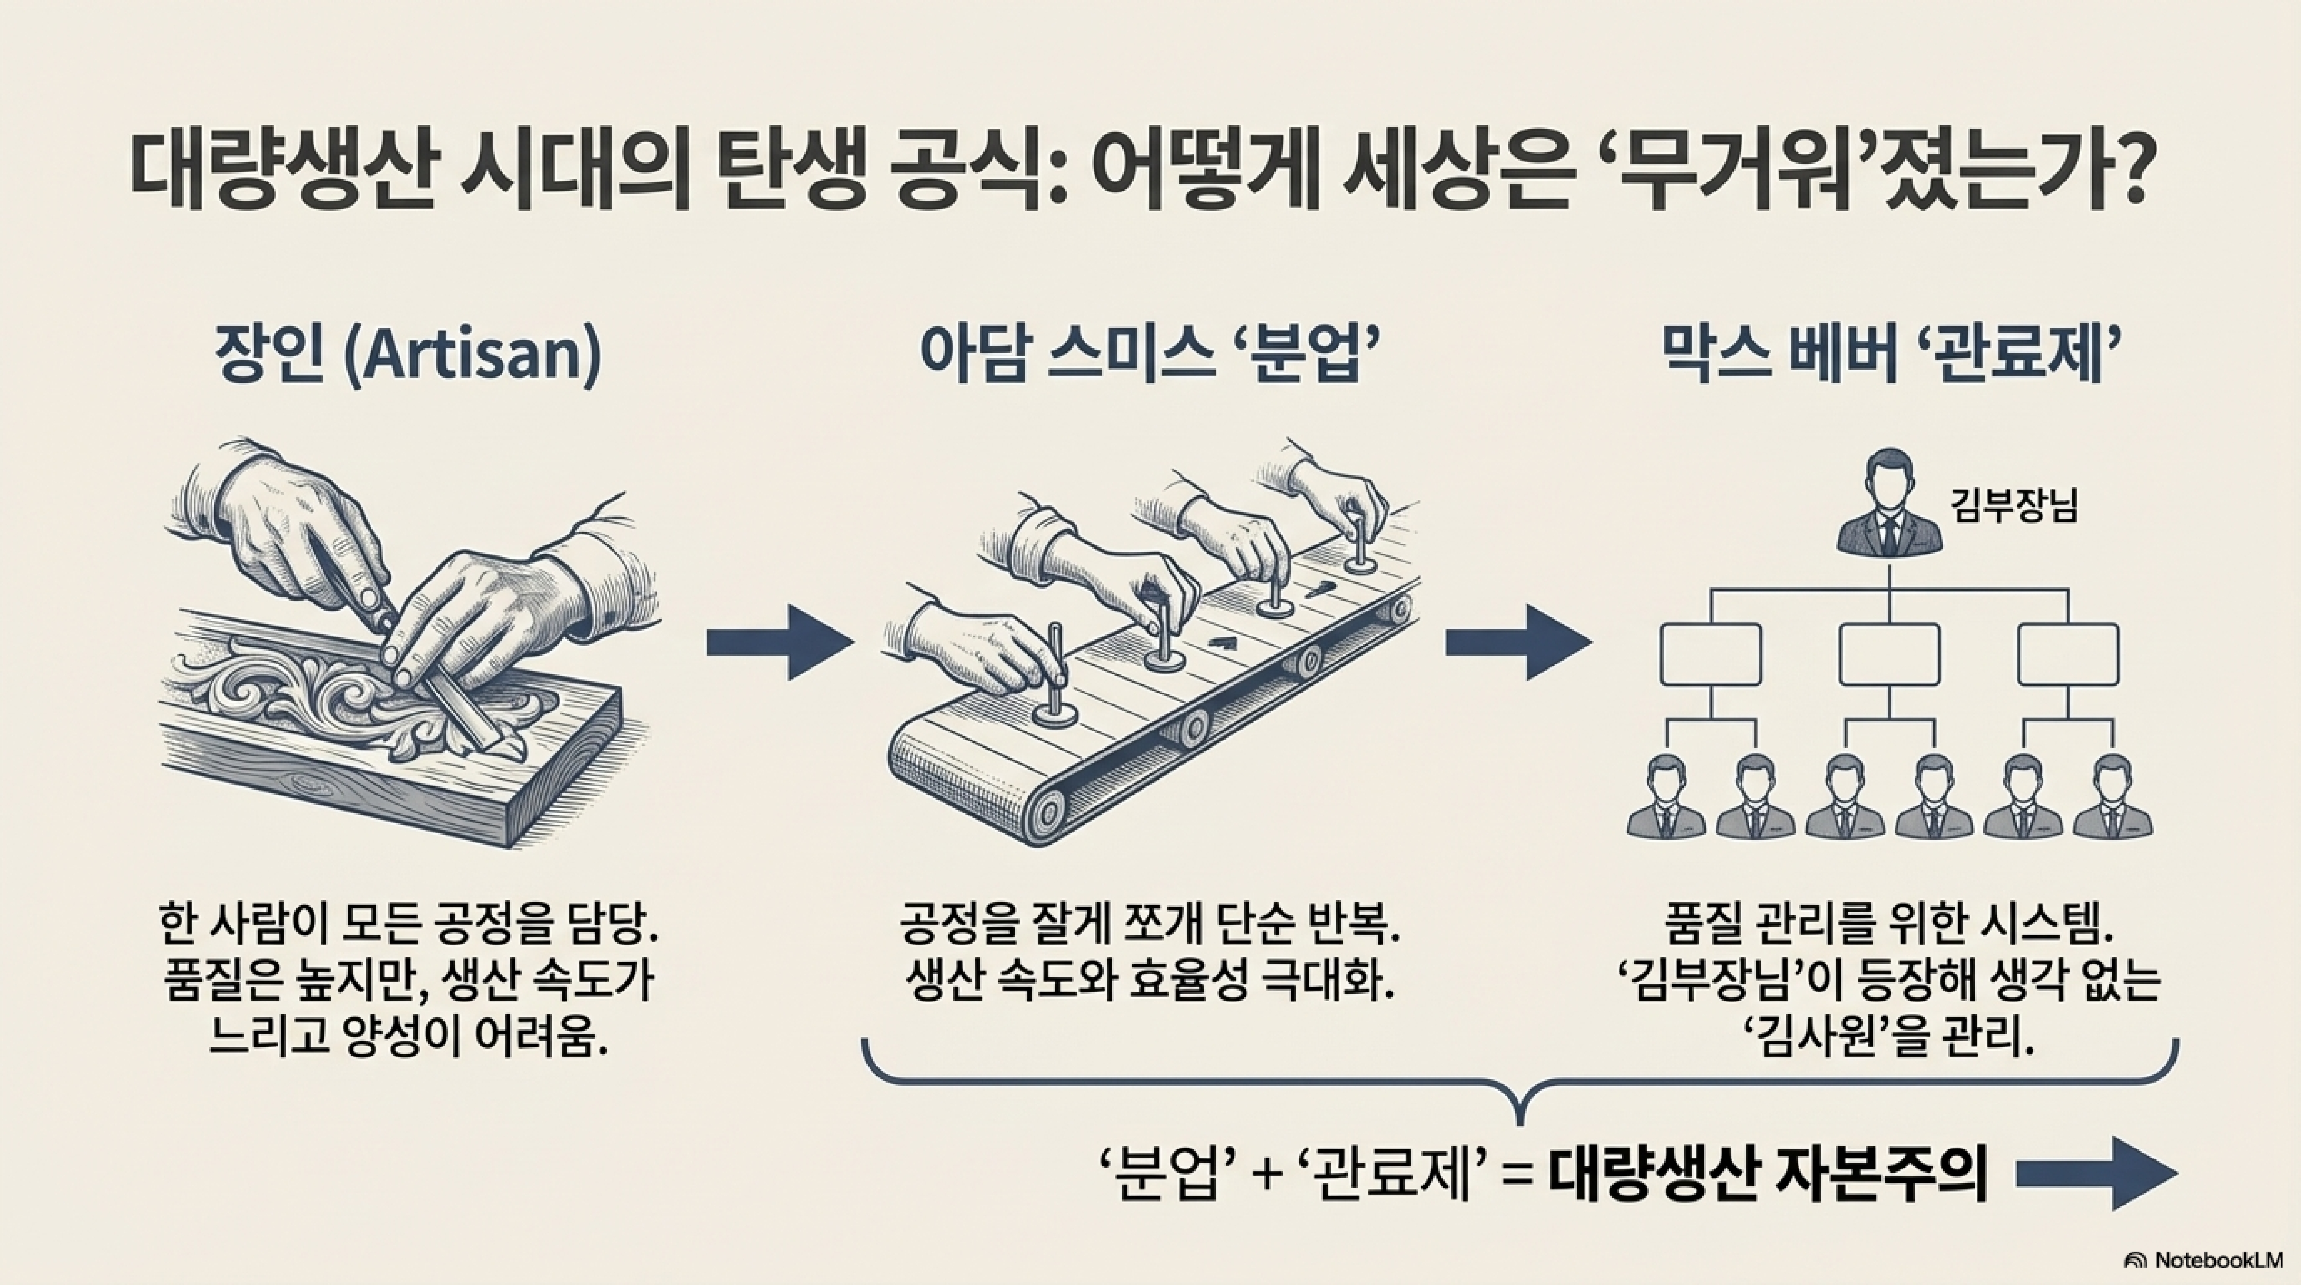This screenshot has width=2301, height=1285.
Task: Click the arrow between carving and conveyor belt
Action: [x=779, y=642]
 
